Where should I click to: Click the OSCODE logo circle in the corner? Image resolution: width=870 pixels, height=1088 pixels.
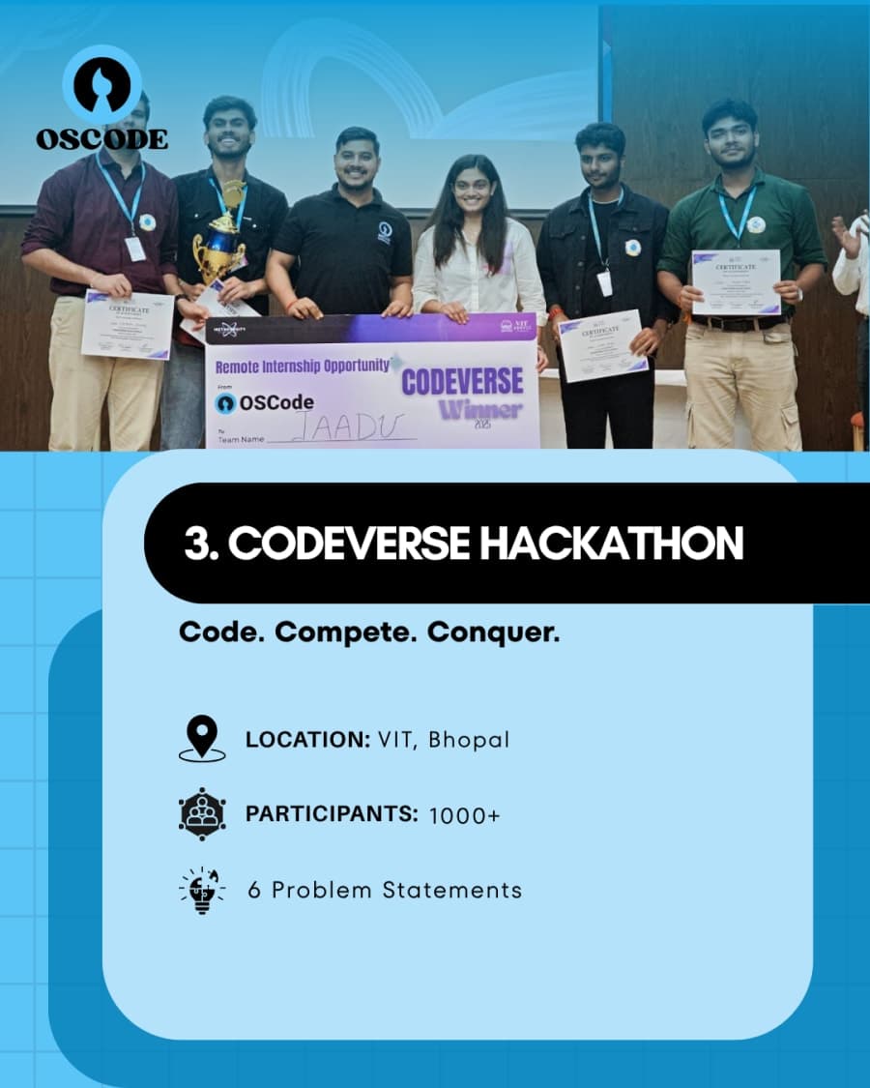click(101, 83)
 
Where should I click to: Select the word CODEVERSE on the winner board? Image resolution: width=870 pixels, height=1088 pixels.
click(462, 381)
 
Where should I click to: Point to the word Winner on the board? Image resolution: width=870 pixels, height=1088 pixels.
click(480, 410)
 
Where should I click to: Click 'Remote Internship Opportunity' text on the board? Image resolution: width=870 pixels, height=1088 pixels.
click(303, 367)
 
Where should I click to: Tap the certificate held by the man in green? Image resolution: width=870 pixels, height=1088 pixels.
click(736, 281)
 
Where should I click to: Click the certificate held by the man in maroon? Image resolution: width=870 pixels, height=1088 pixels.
click(127, 324)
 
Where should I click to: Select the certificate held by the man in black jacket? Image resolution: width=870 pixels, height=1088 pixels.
click(601, 345)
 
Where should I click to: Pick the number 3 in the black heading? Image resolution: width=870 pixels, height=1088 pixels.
click(197, 544)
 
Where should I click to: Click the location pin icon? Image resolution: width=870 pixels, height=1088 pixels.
click(202, 739)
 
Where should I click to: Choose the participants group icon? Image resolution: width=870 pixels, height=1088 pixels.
click(202, 814)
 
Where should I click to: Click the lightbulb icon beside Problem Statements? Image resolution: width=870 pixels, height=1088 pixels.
click(202, 890)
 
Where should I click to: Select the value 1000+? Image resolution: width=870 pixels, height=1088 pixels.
click(465, 815)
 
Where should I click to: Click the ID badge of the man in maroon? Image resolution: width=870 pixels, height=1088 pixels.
click(135, 249)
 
